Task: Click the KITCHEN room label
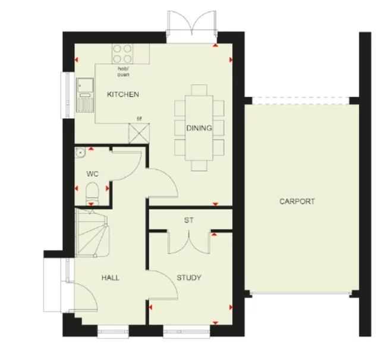point(122,94)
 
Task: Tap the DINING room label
point(199,128)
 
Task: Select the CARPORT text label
point(297,201)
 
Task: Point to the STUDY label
point(189,277)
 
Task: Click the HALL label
point(111,277)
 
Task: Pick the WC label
point(92,175)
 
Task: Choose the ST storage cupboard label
point(189,220)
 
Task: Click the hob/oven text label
point(123,72)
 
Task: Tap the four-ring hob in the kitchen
point(123,54)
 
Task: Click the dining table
point(200,127)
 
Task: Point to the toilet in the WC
point(92,193)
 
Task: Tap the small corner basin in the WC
point(79,153)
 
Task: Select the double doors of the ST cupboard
point(189,242)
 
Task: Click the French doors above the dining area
point(189,27)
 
